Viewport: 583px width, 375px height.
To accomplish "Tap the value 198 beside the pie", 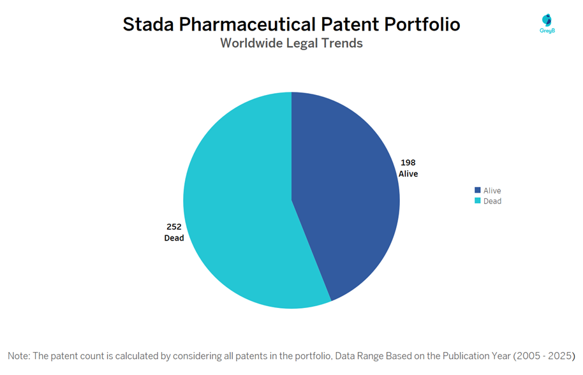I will point(408,162).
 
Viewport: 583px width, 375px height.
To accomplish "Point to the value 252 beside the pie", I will point(173,227).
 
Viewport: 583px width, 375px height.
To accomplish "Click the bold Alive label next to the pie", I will point(408,173).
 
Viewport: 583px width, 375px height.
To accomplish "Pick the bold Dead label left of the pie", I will point(173,239).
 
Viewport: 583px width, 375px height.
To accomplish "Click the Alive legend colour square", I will point(477,191).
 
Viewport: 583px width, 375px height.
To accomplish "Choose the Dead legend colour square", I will point(477,201).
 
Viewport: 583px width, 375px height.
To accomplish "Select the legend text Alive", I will point(492,191).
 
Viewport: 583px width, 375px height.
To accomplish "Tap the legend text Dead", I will point(492,201).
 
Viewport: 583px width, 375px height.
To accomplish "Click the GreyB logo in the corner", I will point(547,23).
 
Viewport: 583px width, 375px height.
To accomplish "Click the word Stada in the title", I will point(147,24).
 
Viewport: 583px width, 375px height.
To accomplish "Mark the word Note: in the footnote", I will point(20,355).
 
